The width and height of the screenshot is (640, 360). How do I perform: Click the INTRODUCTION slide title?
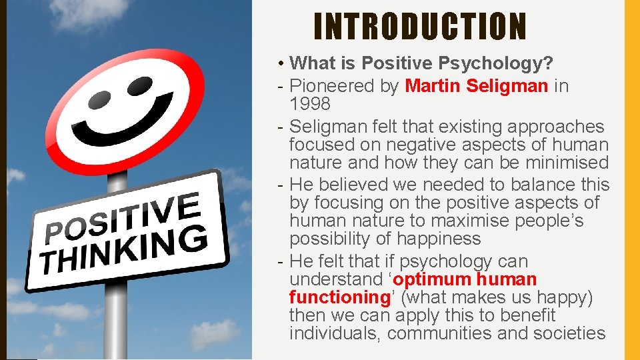coord(420,27)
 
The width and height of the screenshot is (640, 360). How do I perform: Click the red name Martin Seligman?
coord(477,86)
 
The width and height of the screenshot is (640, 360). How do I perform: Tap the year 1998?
coord(310,104)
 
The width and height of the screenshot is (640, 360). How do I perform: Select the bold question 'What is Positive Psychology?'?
coord(422,63)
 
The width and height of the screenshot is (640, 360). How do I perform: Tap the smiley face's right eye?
coord(139,85)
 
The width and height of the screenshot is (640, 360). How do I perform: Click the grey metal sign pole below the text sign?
coord(117,320)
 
